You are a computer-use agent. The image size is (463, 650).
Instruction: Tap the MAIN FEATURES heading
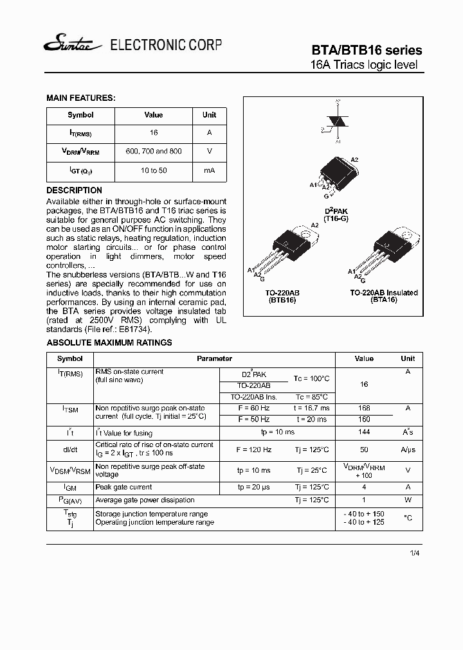click(x=80, y=98)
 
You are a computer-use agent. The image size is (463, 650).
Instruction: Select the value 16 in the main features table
click(x=154, y=132)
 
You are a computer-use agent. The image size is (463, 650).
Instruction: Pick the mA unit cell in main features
click(x=209, y=171)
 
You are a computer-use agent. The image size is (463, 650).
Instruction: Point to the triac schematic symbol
click(x=334, y=121)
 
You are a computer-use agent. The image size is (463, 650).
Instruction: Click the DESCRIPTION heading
click(x=74, y=191)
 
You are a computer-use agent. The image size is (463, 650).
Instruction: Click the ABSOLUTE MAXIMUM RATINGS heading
click(x=109, y=343)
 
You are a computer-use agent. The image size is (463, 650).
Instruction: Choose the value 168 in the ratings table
click(x=364, y=408)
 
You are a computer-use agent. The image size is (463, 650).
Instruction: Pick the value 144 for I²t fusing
click(x=364, y=433)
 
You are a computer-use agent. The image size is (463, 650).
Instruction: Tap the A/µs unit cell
click(x=408, y=450)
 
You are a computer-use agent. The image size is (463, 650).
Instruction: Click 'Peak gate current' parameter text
click(x=123, y=487)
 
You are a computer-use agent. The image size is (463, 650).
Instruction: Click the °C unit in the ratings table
click(x=408, y=518)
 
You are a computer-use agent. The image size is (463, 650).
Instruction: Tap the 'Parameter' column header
click(x=214, y=358)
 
